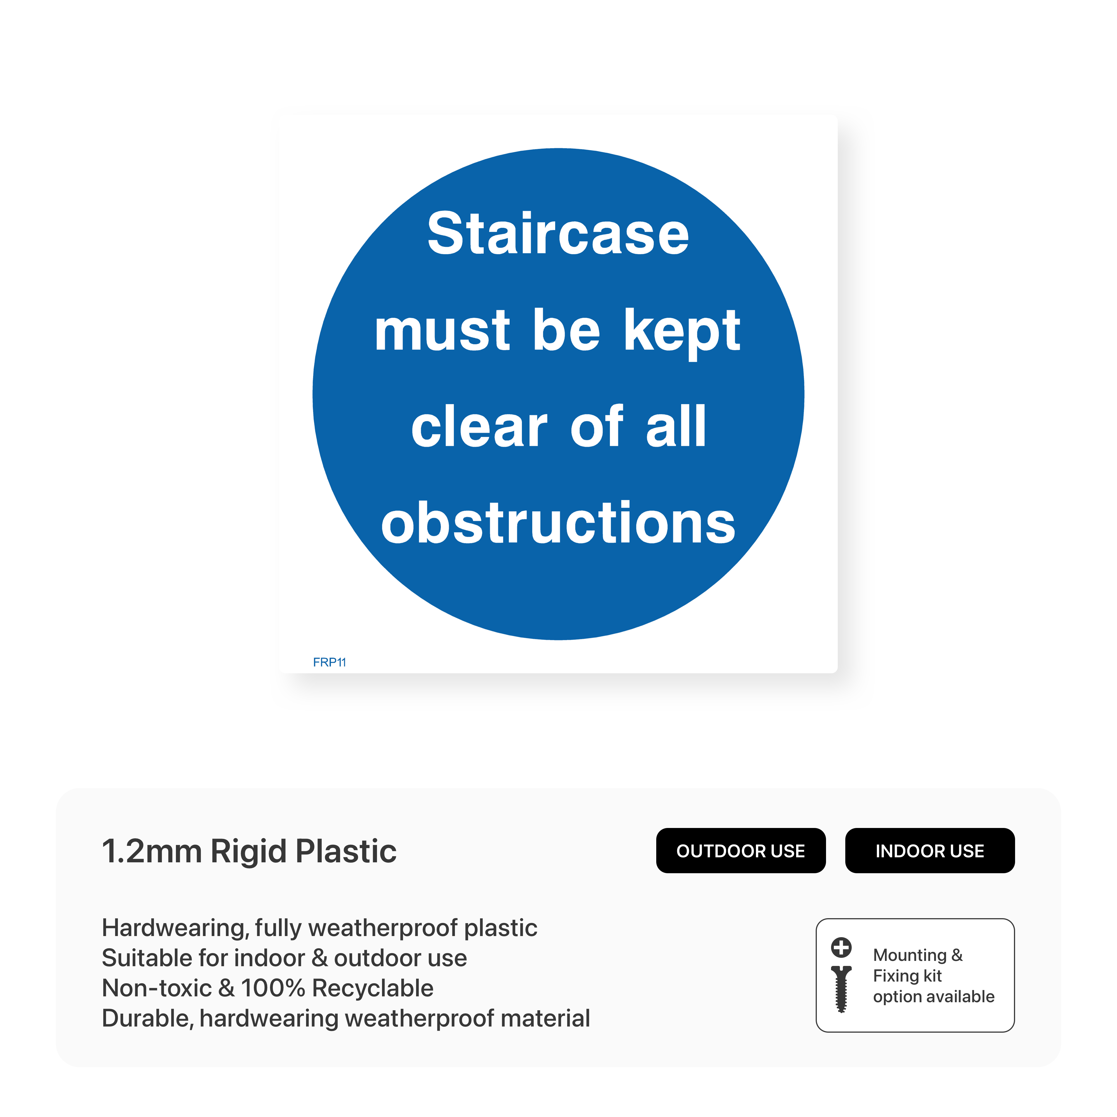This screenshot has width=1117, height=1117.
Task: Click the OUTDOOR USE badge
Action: pyautogui.click(x=741, y=851)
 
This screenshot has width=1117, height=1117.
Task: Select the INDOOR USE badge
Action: pyautogui.click(x=930, y=851)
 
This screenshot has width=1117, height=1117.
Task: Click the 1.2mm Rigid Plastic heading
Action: pyautogui.click(x=249, y=851)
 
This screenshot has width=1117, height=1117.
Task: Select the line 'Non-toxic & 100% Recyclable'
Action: pyautogui.click(x=268, y=988)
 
